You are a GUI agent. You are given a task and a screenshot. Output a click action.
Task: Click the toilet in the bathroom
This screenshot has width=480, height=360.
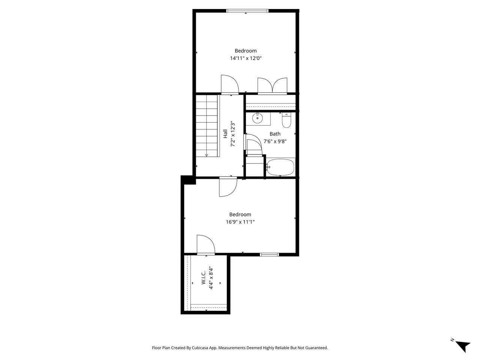[x=286, y=120]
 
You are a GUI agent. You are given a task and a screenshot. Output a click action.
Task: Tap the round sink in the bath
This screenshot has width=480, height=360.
[x=258, y=118]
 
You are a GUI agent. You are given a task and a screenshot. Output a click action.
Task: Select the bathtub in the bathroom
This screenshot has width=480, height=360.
[x=280, y=167]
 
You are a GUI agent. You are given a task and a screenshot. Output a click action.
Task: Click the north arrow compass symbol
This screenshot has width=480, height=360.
[x=463, y=345]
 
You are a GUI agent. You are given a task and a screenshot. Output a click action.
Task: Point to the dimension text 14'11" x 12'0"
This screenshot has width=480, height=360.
[x=246, y=58]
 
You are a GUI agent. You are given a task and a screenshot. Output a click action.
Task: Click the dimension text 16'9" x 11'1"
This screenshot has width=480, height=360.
[x=240, y=222]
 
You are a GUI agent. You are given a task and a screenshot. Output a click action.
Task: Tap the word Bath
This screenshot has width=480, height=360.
[x=275, y=134]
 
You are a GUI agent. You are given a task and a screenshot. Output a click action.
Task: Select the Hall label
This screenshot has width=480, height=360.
[x=225, y=134]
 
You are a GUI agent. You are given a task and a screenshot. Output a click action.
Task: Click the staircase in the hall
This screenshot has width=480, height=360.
[x=207, y=126]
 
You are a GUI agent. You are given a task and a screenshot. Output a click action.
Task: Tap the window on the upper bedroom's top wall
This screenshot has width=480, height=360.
[x=247, y=11]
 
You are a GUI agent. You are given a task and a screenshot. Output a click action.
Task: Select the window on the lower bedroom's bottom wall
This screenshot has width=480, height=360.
[x=270, y=255]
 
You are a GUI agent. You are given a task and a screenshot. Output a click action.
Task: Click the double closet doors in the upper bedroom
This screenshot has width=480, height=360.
[x=272, y=85]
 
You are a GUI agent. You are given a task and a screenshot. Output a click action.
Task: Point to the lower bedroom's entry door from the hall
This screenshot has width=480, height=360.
[x=228, y=186]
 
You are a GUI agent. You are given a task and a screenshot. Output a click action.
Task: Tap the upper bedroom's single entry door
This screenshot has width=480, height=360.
[x=229, y=84]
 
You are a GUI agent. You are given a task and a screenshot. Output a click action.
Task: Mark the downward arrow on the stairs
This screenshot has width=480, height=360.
[x=206, y=155]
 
